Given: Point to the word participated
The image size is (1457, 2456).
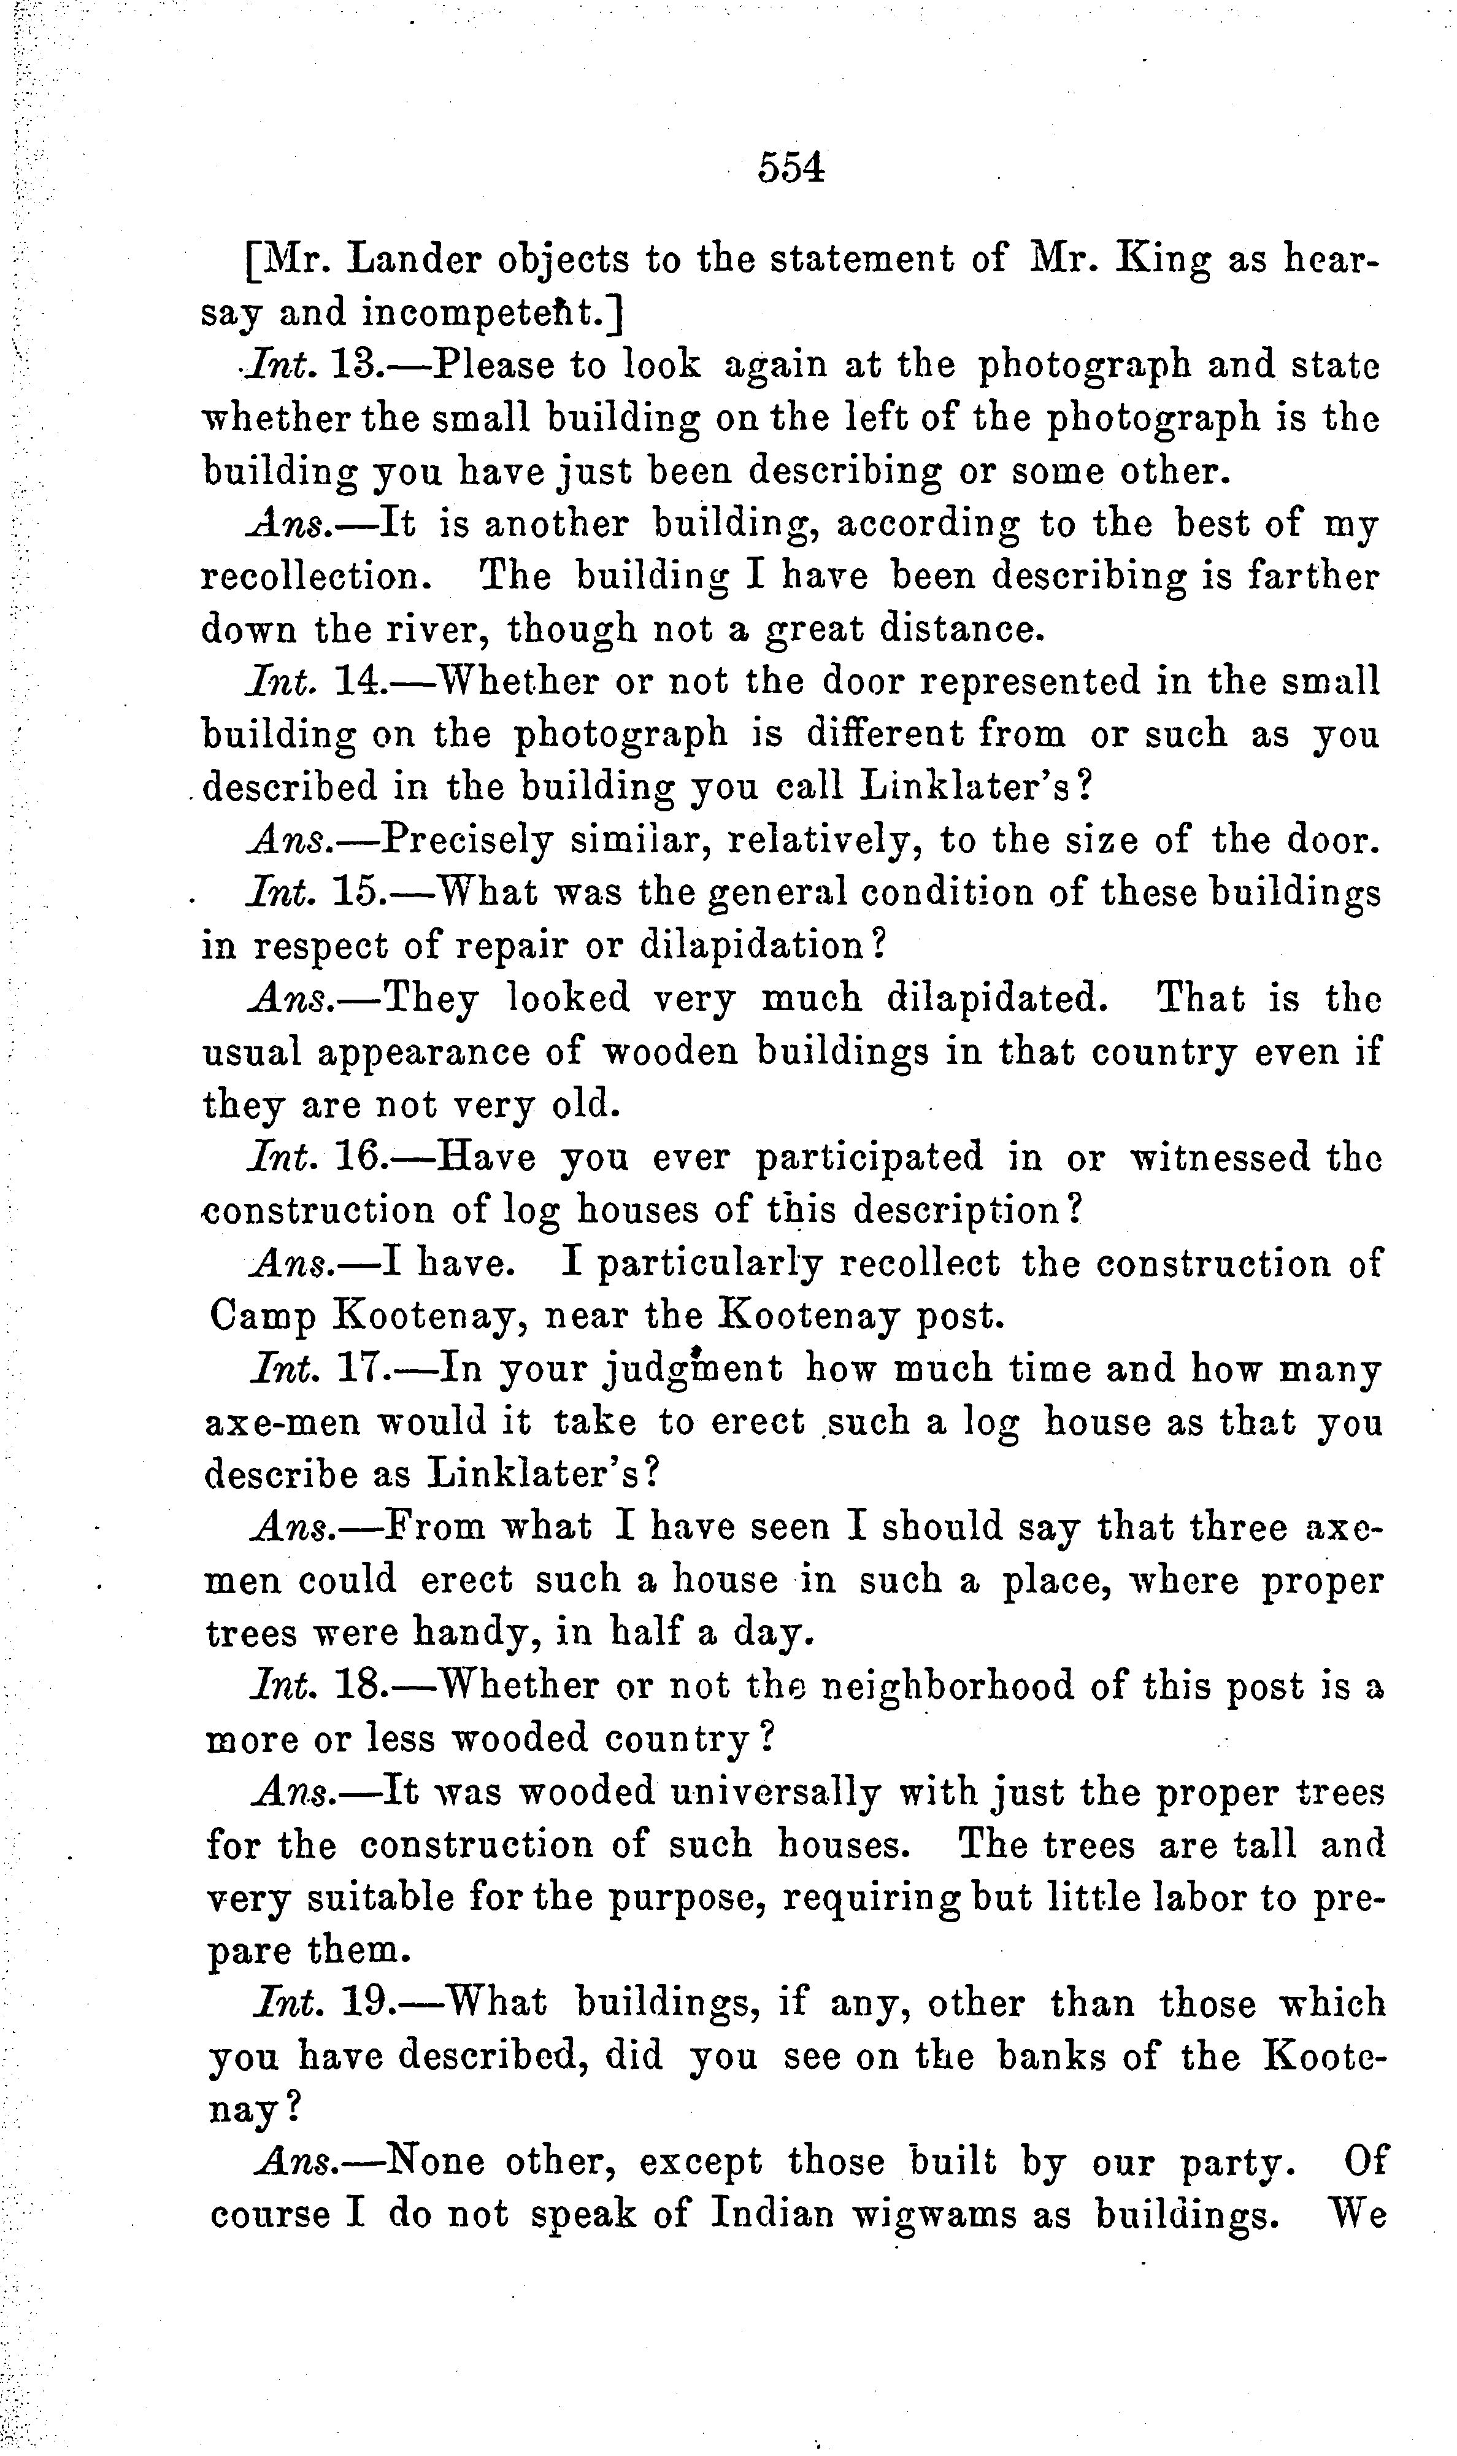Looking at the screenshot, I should tap(869, 1157).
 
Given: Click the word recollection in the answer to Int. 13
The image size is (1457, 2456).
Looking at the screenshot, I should tap(315, 576).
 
